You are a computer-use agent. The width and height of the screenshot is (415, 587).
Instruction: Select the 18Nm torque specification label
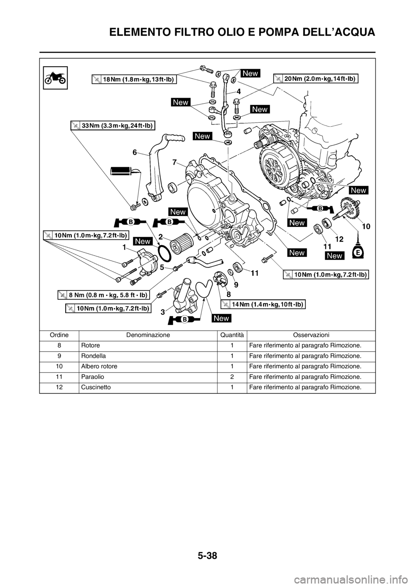click(x=135, y=79)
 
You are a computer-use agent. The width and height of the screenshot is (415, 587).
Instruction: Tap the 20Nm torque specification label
click(x=316, y=79)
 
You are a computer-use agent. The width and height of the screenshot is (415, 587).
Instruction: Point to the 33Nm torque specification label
click(x=113, y=126)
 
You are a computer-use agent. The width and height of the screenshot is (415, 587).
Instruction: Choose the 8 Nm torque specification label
click(x=103, y=295)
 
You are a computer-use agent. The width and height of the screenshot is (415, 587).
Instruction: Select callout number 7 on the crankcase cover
click(x=174, y=162)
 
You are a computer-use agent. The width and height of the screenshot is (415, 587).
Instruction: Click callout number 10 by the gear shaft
click(x=366, y=226)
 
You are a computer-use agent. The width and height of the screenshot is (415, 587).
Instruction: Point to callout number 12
click(x=338, y=239)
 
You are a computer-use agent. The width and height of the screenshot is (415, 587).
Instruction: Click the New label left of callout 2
click(x=143, y=241)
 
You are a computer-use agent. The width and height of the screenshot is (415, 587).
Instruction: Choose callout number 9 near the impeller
click(x=236, y=285)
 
